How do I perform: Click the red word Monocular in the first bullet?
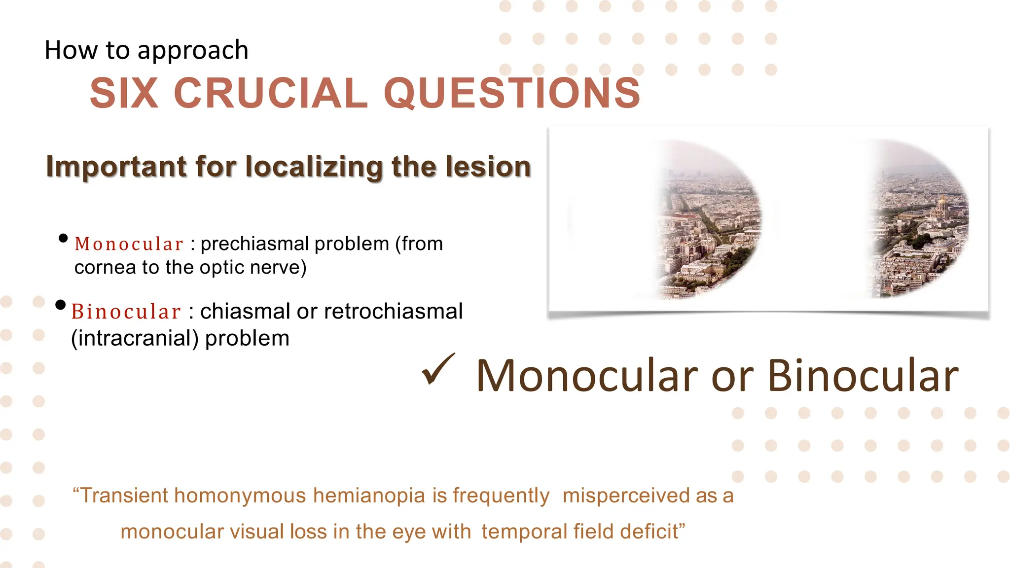(129, 244)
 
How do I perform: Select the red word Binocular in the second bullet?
(126, 312)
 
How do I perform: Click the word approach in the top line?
(193, 51)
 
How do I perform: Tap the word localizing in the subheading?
(314, 167)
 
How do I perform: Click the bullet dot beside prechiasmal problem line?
(63, 239)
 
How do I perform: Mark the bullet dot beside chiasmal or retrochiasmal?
(61, 305)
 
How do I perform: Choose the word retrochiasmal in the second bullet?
(394, 312)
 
